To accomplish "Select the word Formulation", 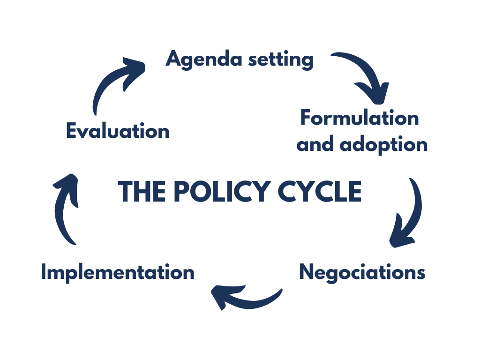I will [x=360, y=118].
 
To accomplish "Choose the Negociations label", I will [x=362, y=272].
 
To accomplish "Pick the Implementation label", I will [x=117, y=272].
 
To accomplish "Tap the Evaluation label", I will [x=117, y=130].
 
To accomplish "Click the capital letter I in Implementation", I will [x=44, y=272].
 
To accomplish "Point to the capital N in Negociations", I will [x=307, y=272].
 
